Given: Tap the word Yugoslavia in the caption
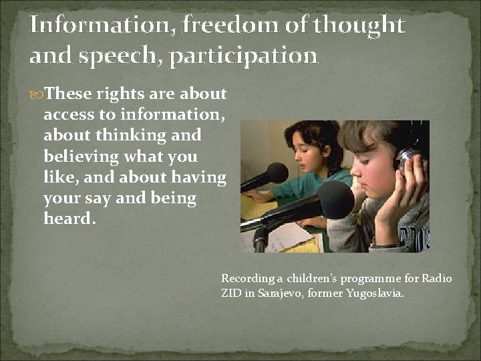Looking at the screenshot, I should tap(375, 292).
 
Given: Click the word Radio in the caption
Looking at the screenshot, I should tap(438, 278).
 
